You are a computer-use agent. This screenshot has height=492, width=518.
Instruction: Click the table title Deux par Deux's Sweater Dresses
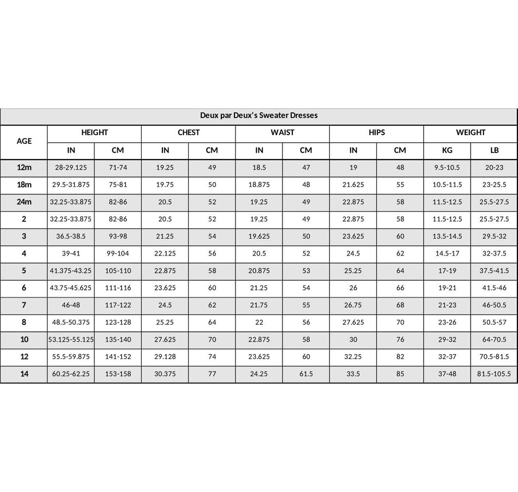point(258,116)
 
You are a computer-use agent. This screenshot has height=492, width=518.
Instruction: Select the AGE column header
point(24,141)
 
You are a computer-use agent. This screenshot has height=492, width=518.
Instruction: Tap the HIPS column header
point(376,132)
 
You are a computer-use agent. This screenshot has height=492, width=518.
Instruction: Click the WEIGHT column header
point(471,132)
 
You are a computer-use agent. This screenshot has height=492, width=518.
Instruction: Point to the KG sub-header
point(447,150)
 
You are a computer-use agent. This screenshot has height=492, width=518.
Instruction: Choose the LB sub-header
point(494,150)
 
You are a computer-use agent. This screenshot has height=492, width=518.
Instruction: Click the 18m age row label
point(24,185)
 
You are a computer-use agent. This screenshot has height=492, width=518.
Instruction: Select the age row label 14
point(24,374)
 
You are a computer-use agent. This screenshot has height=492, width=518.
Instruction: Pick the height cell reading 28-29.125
point(71,168)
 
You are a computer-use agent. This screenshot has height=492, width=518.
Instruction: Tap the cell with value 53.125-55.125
point(71,339)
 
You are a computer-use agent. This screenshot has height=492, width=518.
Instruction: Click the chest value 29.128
point(165,357)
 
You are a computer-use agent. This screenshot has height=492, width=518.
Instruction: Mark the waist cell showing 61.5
point(306,374)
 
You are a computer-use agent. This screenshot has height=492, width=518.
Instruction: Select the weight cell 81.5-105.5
point(494,374)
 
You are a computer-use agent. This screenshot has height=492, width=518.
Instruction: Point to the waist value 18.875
point(259,185)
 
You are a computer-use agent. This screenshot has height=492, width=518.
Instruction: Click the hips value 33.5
point(353,374)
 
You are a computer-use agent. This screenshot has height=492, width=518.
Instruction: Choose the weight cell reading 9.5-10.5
point(447,168)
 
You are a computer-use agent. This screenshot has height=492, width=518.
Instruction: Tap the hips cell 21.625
point(353,185)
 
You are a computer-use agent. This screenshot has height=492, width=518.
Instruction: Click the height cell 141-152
point(118,357)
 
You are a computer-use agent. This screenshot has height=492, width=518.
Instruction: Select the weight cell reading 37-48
point(447,374)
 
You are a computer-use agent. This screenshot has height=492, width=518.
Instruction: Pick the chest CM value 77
point(212,374)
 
